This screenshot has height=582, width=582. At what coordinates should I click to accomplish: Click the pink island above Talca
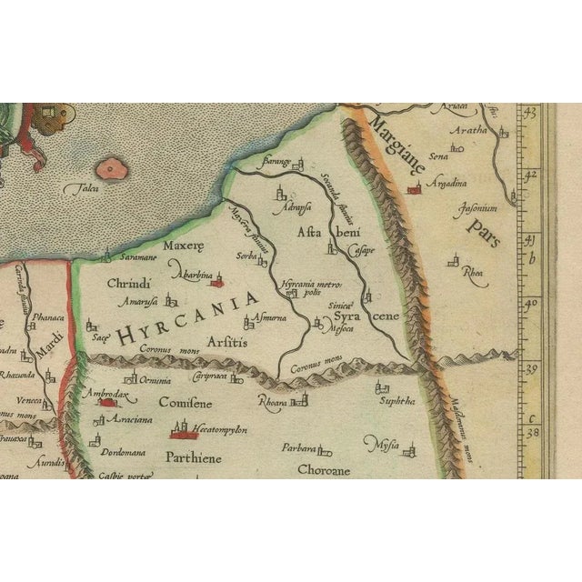coord(111,167)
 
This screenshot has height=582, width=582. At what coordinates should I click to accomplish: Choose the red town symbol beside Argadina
coord(416,188)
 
